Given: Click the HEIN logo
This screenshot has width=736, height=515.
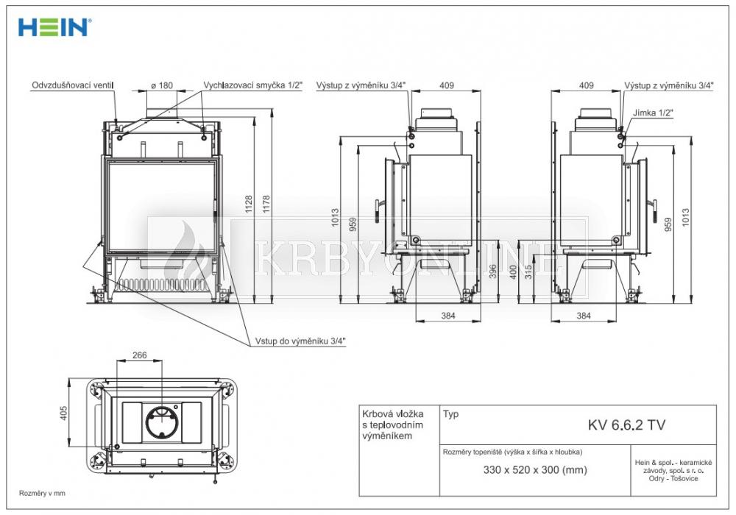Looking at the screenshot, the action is tap(54, 27).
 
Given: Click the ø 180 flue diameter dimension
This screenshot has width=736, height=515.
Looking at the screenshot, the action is tap(162, 85).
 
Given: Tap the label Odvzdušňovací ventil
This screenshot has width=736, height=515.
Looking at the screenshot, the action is tap(73, 85).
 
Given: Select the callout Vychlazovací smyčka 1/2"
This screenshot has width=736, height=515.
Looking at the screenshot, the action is tap(253, 85).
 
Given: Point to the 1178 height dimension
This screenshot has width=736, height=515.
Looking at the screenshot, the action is tap(266, 204).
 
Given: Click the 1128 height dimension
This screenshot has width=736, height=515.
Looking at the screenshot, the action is tap(249, 204).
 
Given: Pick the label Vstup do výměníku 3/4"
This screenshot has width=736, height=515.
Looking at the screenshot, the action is tap(300, 341).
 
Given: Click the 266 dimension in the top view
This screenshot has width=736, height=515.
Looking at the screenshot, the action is tap(139, 355).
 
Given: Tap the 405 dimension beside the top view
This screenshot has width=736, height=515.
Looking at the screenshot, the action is tap(64, 413).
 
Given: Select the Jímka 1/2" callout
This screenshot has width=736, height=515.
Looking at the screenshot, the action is tap(653, 113).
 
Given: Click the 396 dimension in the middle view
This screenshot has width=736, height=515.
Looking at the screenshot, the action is tap(493, 271).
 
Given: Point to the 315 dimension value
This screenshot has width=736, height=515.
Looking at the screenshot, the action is tap(528, 272).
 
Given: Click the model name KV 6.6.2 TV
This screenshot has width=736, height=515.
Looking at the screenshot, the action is tap(626, 425).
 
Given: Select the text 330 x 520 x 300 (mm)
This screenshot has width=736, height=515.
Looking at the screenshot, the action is tap(535, 470).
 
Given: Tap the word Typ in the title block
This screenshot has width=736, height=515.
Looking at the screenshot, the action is tap(450, 415).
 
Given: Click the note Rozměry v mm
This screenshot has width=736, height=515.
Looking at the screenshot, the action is tap(42, 494).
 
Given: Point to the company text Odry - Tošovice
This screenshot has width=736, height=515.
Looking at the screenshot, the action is tap(673, 479).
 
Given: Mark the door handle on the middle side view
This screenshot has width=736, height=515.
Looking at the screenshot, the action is tap(378, 212).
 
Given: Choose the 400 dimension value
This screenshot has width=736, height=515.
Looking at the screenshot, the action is tap(513, 272).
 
